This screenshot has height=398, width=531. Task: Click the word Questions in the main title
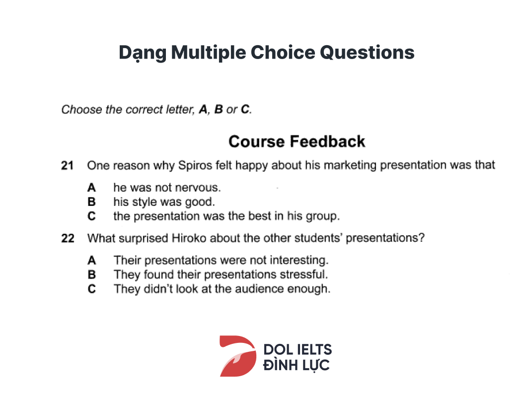pyautogui.click(x=367, y=53)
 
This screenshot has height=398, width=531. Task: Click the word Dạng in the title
pyautogui.click(x=143, y=53)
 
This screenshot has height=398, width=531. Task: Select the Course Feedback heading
pyautogui.click(x=297, y=141)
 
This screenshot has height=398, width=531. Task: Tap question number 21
pyautogui.click(x=67, y=165)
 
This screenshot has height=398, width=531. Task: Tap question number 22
pyautogui.click(x=68, y=238)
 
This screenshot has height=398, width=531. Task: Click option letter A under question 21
pyautogui.click(x=91, y=188)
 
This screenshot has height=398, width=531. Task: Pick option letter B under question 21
pyautogui.click(x=91, y=201)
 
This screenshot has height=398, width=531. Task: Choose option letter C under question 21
pyautogui.click(x=91, y=216)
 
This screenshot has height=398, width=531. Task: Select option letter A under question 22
pyautogui.click(x=91, y=260)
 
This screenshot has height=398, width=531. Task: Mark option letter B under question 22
pyautogui.click(x=91, y=274)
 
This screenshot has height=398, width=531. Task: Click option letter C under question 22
pyautogui.click(x=91, y=289)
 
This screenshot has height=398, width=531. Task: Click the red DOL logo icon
pyautogui.click(x=238, y=356)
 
